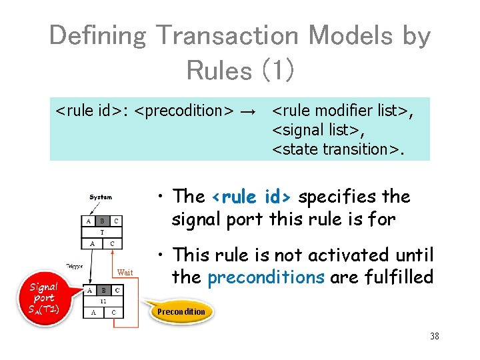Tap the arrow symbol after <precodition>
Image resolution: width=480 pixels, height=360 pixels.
pos(247,109)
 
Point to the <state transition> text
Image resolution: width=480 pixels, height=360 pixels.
pos(338,149)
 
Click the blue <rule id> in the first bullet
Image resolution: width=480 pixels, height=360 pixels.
pos(251,197)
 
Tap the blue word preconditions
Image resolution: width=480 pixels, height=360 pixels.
pos(265,277)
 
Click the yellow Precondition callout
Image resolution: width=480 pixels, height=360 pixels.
pos(181,311)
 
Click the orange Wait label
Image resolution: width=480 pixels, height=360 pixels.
pos(125,271)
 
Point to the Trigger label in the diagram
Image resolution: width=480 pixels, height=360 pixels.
pos(75,265)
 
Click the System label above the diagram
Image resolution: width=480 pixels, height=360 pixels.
pos(101,197)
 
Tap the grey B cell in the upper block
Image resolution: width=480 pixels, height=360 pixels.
pos(102,221)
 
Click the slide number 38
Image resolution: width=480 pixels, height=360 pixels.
pos(435,336)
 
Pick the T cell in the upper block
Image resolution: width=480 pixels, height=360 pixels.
pos(102,232)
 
